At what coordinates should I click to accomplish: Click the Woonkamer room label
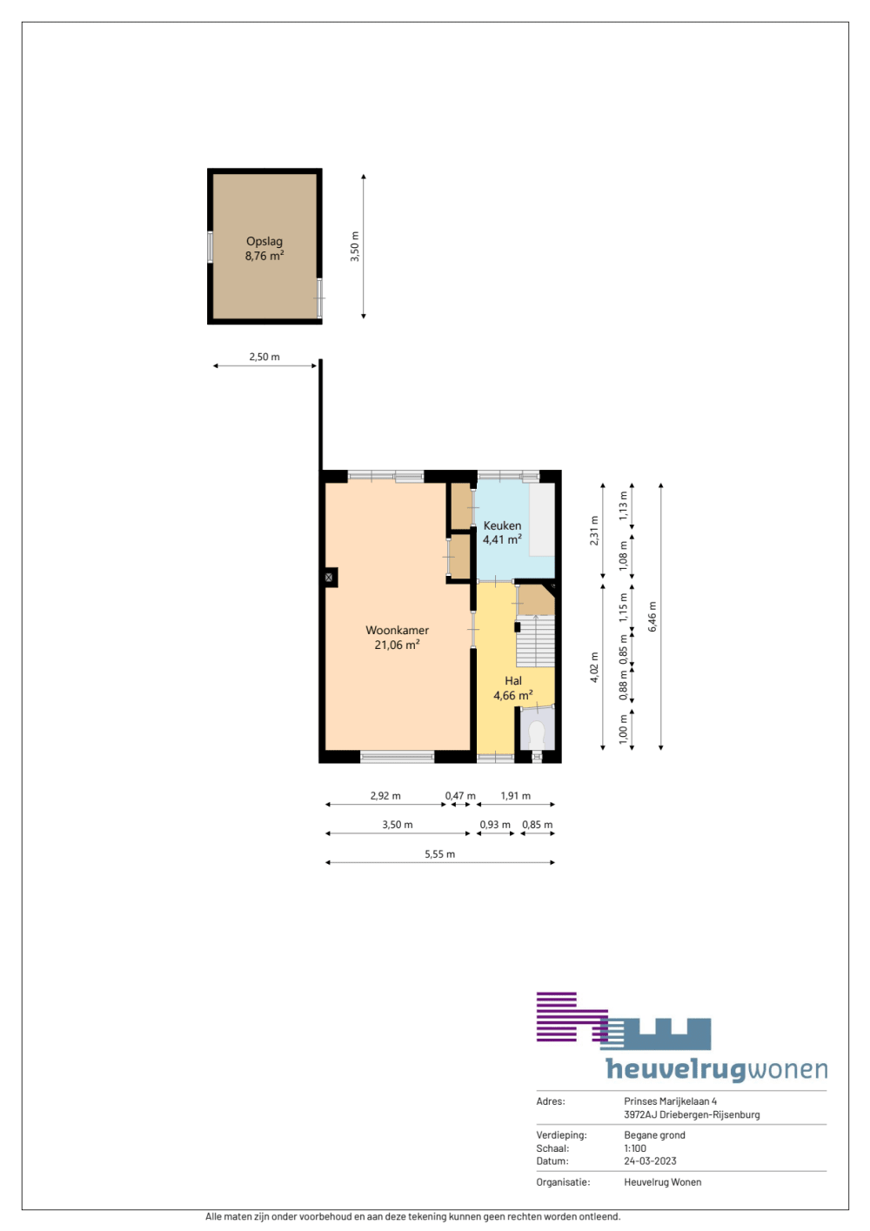click(397, 630)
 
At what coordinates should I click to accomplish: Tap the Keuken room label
click(502, 525)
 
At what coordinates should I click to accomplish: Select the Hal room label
click(512, 680)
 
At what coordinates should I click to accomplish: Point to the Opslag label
click(264, 241)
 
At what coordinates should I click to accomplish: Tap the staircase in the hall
click(535, 641)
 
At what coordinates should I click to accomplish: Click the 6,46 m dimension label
click(652, 617)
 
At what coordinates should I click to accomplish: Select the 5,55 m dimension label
click(439, 854)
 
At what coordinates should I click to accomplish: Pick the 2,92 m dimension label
click(385, 795)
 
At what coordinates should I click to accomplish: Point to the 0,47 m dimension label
click(460, 795)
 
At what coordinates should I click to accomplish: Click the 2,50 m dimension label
click(264, 357)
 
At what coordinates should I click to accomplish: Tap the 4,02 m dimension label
click(594, 667)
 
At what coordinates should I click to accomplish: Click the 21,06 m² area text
click(397, 645)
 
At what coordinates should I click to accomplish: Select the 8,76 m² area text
click(264, 256)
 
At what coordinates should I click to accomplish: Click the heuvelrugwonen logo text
click(717, 1069)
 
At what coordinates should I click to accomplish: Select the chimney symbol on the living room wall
click(329, 577)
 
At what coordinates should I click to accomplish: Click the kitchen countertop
click(542, 520)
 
